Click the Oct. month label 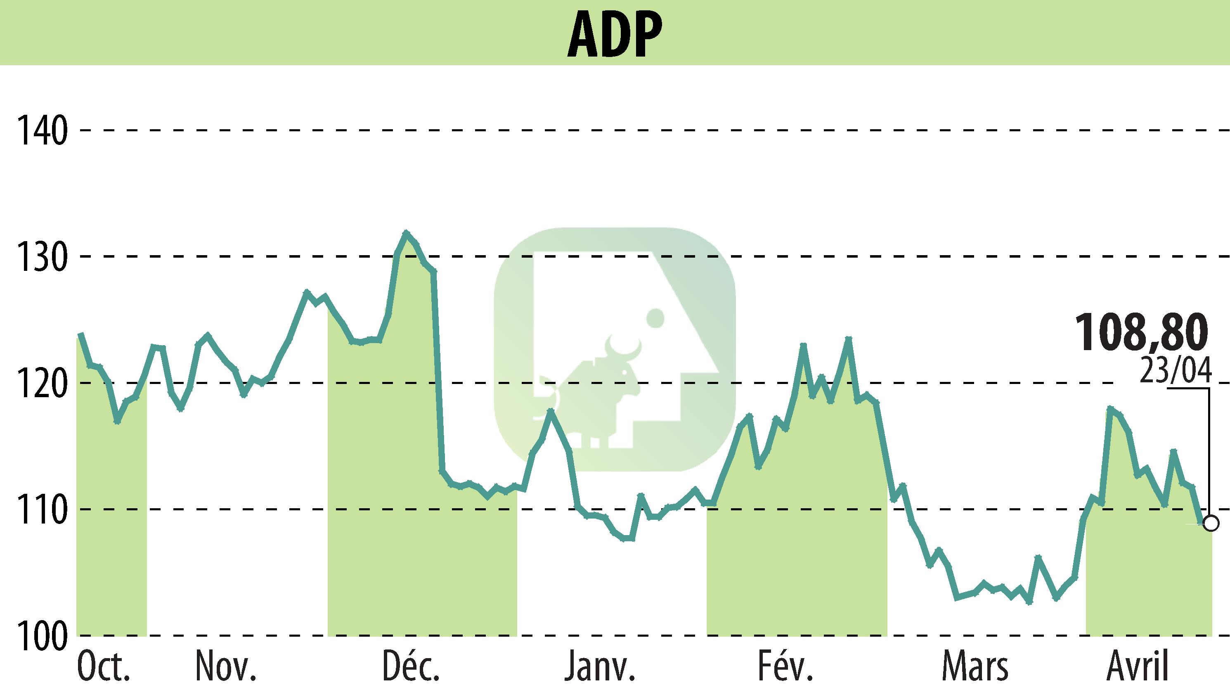pyautogui.click(x=103, y=667)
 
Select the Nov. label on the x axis pyautogui.click(x=225, y=667)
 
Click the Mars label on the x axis pyautogui.click(x=975, y=667)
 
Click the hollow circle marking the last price pyautogui.click(x=1211, y=523)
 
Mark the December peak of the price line pyautogui.click(x=407, y=232)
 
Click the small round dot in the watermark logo pyautogui.click(x=655, y=318)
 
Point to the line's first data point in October pyautogui.click(x=80, y=334)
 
